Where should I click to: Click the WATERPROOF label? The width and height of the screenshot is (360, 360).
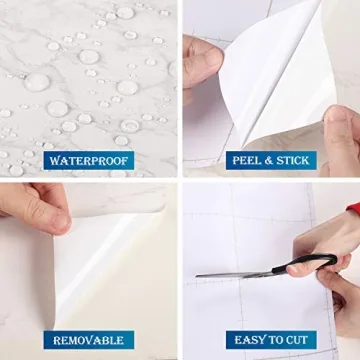click(89, 159)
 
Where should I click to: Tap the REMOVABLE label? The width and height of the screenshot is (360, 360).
click(89, 340)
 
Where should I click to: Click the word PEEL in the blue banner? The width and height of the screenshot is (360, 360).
click(248, 159)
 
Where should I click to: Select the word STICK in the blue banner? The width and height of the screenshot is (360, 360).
click(291, 159)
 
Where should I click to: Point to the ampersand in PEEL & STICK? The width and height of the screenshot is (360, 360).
click(268, 159)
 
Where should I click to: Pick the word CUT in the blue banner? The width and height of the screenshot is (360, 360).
click(298, 340)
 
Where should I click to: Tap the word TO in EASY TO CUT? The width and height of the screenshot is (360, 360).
click(273, 340)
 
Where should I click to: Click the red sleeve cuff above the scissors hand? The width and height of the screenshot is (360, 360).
click(352, 212)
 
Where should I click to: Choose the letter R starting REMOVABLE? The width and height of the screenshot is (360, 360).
click(58, 340)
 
